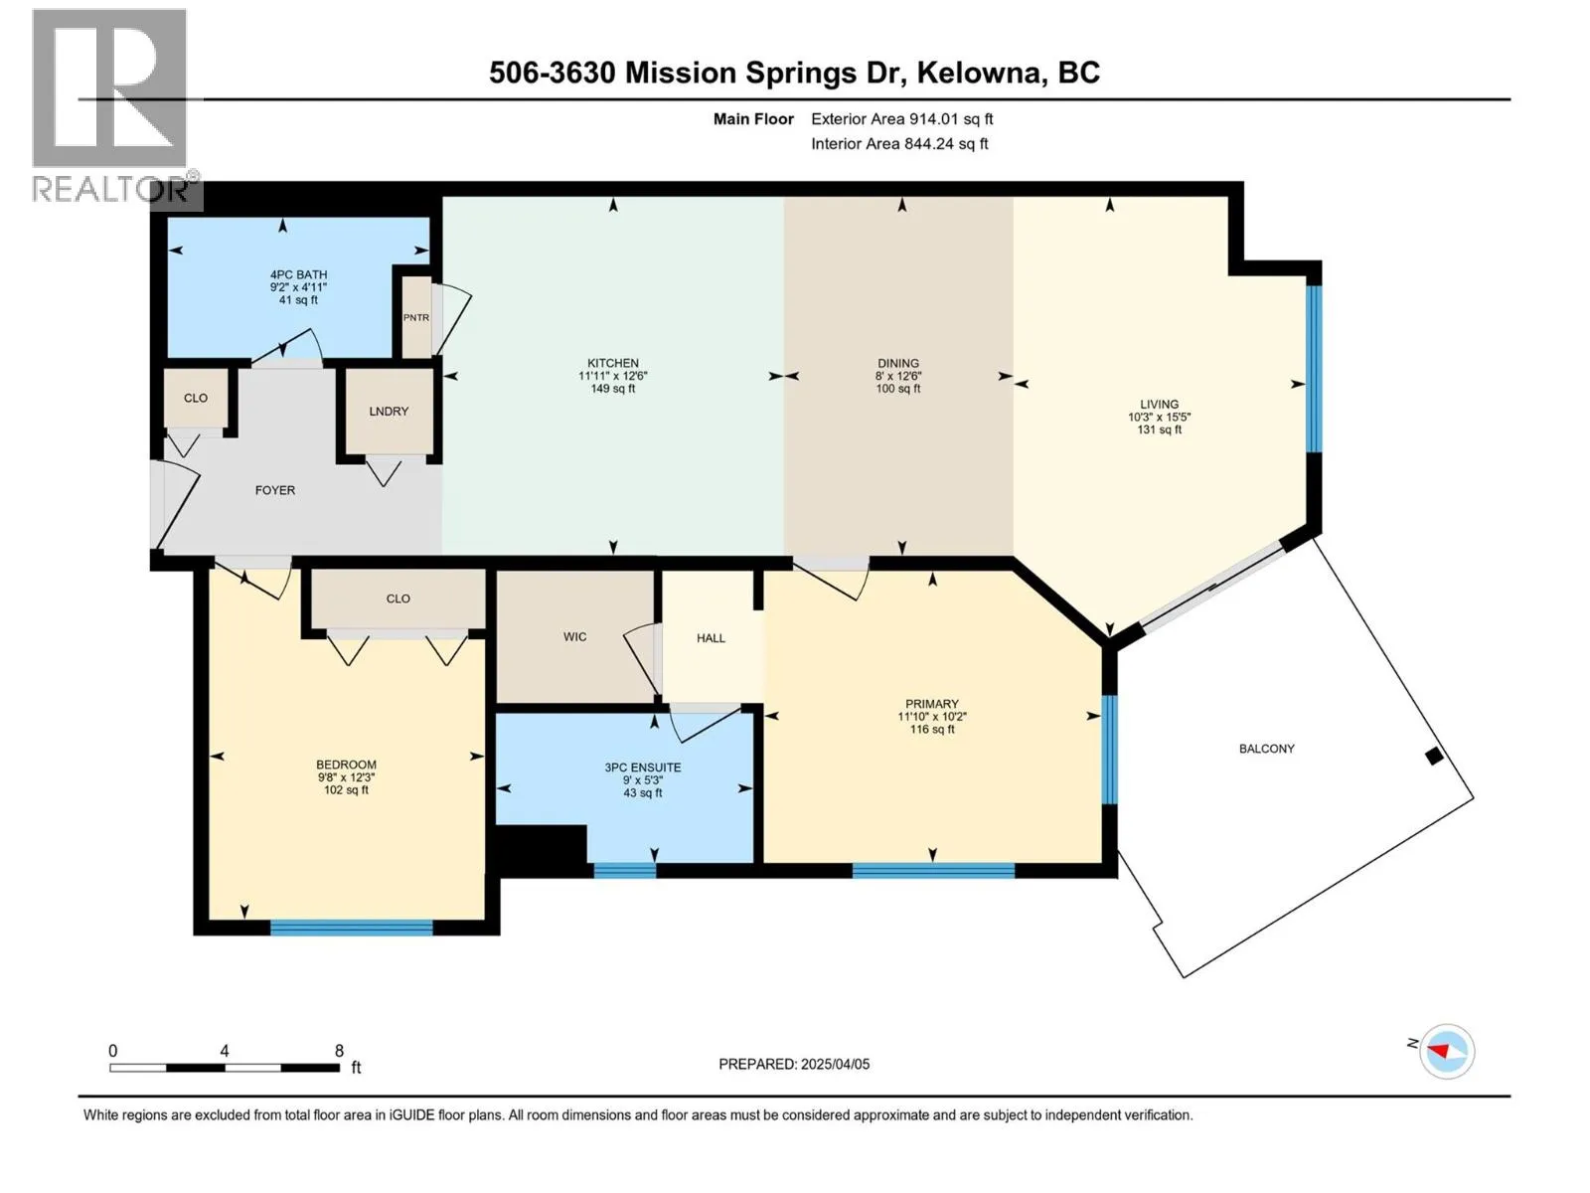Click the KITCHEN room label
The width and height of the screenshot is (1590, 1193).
point(613,363)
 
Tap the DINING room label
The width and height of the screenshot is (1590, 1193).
point(898,363)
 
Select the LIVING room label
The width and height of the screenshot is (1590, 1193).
point(1159,405)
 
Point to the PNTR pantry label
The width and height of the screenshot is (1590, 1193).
point(415,317)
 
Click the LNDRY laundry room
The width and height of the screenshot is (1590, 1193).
point(389,411)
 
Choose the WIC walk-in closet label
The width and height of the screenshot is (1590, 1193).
point(574,636)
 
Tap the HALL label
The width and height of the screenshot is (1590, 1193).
point(711,638)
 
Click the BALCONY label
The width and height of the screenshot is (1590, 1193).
point(1266,749)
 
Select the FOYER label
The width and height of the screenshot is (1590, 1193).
point(275,490)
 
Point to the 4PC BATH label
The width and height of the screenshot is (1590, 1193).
point(298,274)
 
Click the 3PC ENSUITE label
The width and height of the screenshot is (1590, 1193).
point(643,767)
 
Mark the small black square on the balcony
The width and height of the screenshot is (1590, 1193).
point(1434,757)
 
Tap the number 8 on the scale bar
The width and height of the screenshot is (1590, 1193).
point(339,1050)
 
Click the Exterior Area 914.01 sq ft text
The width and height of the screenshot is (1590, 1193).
point(902,118)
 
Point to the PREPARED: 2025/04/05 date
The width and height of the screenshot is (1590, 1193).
point(794,1064)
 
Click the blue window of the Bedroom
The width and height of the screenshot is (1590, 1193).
point(352,928)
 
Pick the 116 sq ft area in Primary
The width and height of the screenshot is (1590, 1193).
point(931,730)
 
